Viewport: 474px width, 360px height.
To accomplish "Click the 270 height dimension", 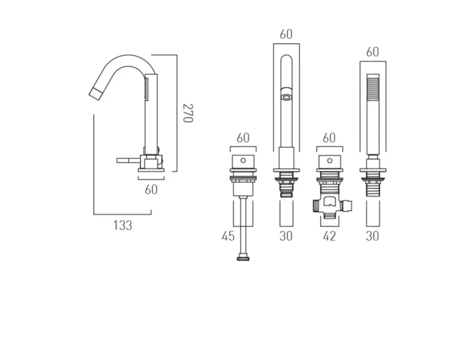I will point(188,113).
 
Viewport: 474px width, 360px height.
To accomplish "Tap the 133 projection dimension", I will point(123,225).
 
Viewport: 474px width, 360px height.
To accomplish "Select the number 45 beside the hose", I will point(228,236).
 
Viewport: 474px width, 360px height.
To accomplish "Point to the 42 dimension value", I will point(329,236).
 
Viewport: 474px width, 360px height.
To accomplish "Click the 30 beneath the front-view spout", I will point(286,236).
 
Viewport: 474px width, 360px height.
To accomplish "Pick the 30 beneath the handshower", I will point(372,236).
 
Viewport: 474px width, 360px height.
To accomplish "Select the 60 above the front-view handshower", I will point(372,52).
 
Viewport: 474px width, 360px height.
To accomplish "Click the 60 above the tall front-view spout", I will point(286,35).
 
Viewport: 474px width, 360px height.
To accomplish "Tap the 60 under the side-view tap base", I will point(151,189).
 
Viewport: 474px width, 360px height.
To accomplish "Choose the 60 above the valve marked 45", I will point(243,137).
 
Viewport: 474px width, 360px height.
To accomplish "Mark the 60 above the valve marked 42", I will point(329,137).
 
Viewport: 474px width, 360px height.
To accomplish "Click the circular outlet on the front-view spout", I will point(286,97).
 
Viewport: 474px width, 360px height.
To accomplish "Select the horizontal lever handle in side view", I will point(127,160).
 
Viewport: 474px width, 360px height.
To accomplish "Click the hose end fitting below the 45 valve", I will point(243,258).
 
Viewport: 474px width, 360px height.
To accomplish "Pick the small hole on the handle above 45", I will point(243,160).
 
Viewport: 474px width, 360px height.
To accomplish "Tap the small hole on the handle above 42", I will point(329,160).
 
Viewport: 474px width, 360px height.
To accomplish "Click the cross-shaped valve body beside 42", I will point(329,205).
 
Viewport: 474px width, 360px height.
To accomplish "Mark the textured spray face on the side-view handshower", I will point(146,89).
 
